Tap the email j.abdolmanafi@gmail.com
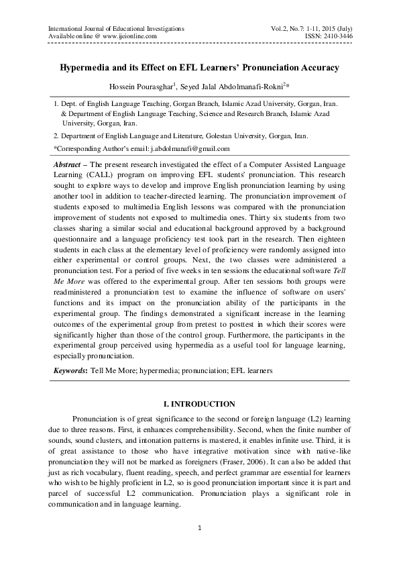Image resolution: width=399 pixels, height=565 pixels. [x=193, y=148]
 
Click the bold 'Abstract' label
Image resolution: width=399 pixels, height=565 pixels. [x=70, y=164]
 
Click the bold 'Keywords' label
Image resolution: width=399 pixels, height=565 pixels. [x=68, y=370]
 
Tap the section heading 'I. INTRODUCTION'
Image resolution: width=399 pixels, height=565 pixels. [x=199, y=404]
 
